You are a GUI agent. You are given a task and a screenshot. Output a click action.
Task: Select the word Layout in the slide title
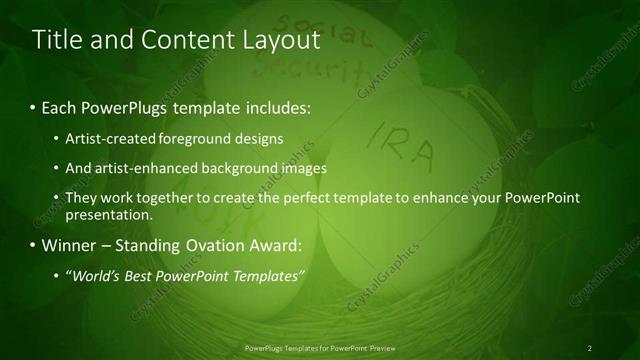pyautogui.click(x=278, y=40)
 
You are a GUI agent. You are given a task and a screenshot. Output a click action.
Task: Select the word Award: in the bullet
pyautogui.click(x=276, y=245)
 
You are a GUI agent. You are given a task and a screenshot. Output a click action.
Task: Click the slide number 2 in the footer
pyautogui.click(x=590, y=347)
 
